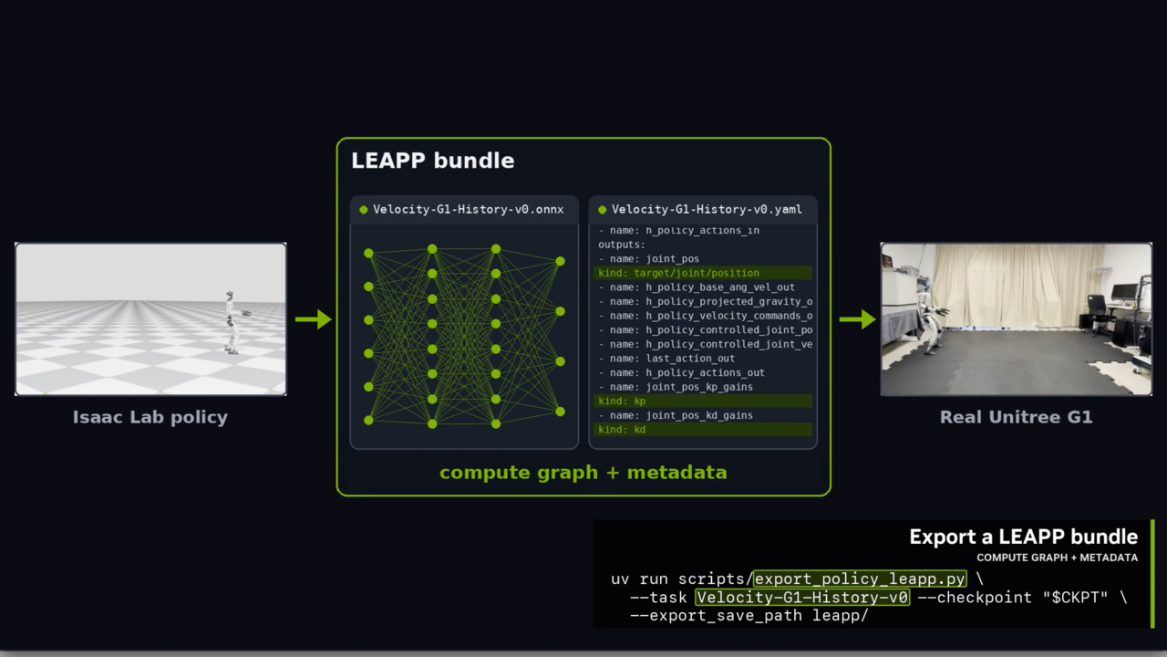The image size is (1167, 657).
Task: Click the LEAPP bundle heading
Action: tap(432, 161)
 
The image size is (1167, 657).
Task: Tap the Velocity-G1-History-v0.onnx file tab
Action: tap(464, 210)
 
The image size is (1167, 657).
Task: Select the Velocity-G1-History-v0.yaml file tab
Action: tap(703, 210)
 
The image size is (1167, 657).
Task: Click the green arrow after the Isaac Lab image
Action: tap(313, 319)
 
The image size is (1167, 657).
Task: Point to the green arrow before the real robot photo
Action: tap(857, 319)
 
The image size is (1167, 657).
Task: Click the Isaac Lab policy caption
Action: tap(150, 417)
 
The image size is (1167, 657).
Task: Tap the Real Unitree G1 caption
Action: tap(1016, 417)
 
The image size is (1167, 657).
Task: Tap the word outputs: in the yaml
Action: tap(622, 245)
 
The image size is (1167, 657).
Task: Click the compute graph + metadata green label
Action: tap(583, 473)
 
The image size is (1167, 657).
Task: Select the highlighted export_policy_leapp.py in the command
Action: tap(860, 579)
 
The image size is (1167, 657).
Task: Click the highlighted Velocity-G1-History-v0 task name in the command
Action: tap(802, 597)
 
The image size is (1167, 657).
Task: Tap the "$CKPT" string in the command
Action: tap(1075, 597)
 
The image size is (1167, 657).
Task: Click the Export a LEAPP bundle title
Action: tap(1024, 537)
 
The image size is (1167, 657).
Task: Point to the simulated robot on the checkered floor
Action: tap(232, 322)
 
